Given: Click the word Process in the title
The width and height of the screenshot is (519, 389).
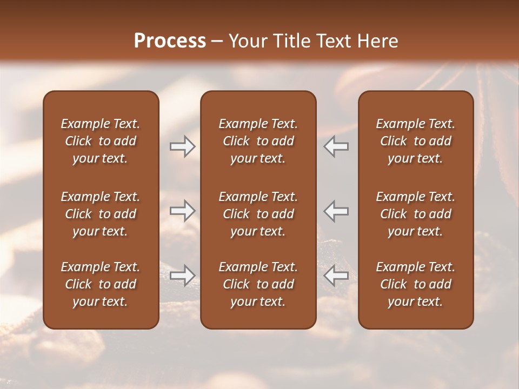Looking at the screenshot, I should point(170,41).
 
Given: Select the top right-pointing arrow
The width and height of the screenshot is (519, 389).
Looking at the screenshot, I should point(182,146).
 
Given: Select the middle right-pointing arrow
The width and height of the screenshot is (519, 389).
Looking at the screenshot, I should point(182,211).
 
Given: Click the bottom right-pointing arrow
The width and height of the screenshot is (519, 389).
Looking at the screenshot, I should point(182,276).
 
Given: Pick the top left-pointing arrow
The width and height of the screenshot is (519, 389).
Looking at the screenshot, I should point(336,146).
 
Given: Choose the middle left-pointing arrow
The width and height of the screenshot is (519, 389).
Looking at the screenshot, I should point(336,211).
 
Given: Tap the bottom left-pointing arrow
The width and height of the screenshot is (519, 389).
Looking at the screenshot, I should point(336,276).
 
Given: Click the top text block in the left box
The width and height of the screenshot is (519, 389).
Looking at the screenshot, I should point(101,141).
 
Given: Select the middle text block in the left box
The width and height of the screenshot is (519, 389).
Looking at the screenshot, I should point(101,214).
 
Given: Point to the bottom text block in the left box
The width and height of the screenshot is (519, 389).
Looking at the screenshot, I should point(101,284).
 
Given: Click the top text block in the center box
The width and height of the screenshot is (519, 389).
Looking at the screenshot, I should point(258,141).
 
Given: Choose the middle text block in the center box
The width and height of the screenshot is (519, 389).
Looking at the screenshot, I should point(258,214).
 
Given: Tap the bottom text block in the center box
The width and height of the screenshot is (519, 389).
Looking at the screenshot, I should point(258,284).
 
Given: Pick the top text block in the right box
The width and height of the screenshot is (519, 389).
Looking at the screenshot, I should point(415,141).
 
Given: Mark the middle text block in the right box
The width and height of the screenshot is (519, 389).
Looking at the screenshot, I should point(415,214).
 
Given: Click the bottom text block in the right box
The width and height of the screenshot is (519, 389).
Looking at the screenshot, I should point(415,284).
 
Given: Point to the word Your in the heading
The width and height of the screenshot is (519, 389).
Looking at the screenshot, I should point(247,41).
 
